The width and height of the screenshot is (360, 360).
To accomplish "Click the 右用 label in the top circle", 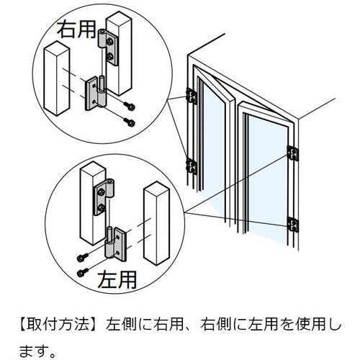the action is tap(76, 29).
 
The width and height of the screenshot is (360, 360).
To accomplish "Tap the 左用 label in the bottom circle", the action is tap(117, 279).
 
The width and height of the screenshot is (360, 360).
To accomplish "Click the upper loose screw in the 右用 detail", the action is tap(130, 107).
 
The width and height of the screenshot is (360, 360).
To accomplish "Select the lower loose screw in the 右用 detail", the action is tap(130, 122).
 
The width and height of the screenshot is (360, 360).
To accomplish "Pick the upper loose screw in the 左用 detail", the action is tap(82, 257).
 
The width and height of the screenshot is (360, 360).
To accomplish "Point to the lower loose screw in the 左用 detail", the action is tap(83, 272).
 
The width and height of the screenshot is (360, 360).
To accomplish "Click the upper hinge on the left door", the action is tap(192, 96).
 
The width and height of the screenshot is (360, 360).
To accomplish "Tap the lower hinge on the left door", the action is tap(192, 166).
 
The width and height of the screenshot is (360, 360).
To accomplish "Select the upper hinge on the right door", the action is tap(292, 153).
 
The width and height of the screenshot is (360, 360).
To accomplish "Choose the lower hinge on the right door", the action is tap(293, 225).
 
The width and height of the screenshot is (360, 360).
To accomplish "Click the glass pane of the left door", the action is tap(214, 144).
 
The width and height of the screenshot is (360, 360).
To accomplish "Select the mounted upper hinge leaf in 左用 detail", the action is tap(103, 197).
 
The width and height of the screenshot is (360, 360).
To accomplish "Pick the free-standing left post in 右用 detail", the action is tap(57, 78).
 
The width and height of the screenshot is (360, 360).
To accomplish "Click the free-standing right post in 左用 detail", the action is tap(156, 223).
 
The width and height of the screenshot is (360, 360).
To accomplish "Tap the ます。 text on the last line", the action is tap(37, 351).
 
